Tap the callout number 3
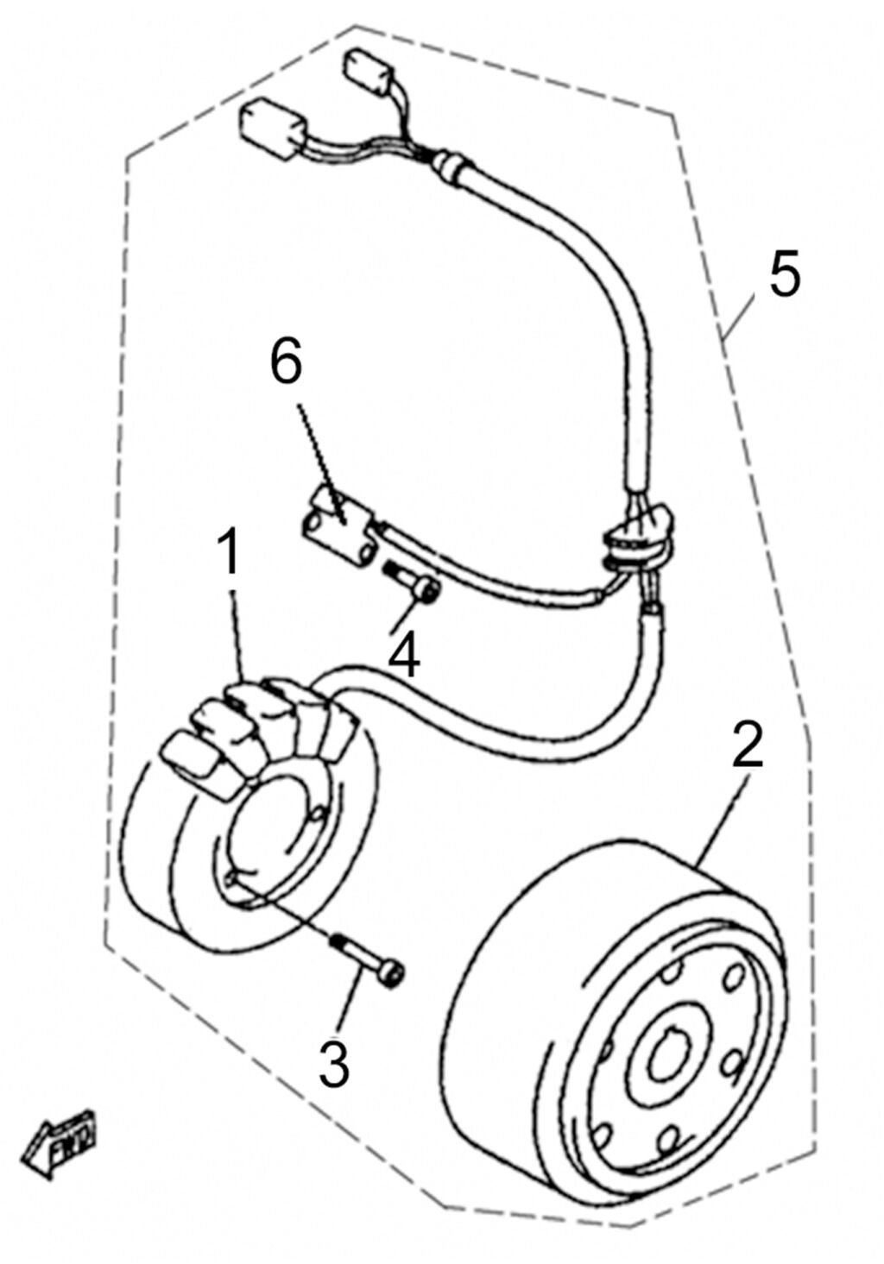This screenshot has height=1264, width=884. (333, 1064)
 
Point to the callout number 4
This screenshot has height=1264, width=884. (403, 657)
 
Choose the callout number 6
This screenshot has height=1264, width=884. (287, 364)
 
